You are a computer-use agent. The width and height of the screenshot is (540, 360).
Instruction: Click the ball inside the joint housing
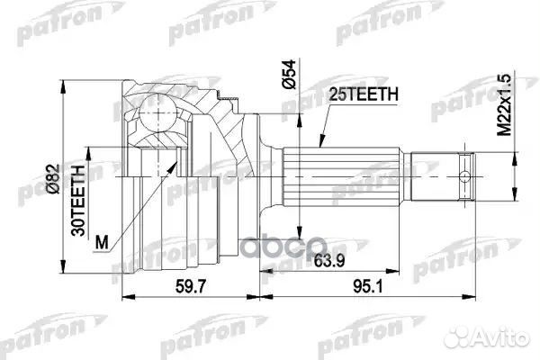[157, 118]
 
